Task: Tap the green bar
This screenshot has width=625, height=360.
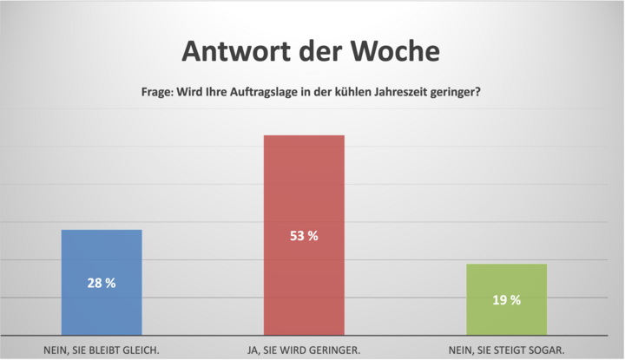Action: point(507,299)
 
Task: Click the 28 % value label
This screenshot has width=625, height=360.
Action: point(101,283)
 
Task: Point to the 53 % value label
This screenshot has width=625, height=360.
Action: point(304,235)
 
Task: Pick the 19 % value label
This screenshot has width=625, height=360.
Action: point(507,300)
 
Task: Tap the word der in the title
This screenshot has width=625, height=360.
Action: point(313,51)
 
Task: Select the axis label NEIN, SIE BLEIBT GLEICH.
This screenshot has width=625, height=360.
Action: point(101,350)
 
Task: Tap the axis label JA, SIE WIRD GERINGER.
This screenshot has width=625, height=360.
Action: point(304,350)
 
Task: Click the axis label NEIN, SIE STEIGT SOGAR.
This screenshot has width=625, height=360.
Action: point(507,350)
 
